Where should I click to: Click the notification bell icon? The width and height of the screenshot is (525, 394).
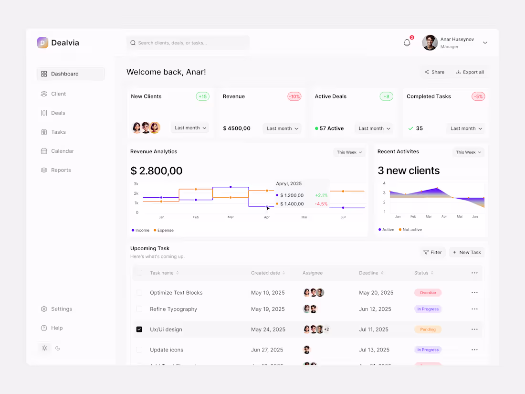[407, 43]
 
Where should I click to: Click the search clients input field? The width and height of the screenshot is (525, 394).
[188, 43]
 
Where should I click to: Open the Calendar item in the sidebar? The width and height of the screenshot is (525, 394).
[62, 151]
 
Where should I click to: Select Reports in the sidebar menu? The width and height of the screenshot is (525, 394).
[61, 170]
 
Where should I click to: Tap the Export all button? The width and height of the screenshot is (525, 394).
[470, 72]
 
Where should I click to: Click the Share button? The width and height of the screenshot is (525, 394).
[434, 72]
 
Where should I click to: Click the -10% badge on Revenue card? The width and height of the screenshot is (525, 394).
[294, 96]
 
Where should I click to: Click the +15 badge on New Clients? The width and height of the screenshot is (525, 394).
[202, 96]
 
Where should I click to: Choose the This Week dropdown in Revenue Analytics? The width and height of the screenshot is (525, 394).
[349, 152]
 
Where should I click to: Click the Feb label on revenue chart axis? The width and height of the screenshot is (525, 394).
[196, 217]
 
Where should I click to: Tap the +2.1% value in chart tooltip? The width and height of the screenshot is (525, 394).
[321, 195]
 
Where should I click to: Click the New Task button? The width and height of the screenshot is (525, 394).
[466, 252]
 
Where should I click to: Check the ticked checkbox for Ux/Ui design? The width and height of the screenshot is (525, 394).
[139, 330]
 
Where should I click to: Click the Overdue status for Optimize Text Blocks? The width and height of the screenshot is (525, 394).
[428, 293]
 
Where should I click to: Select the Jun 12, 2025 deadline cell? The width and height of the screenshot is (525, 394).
[375, 309]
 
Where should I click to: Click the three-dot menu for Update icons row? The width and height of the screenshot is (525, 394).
[474, 350]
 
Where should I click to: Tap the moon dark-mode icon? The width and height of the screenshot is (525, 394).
[58, 348]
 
